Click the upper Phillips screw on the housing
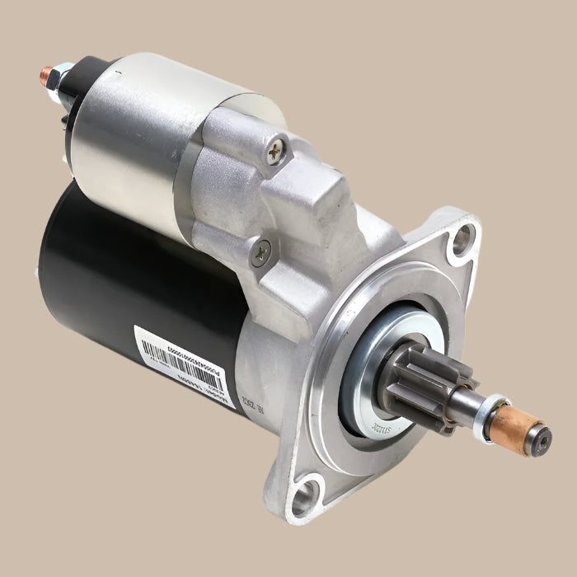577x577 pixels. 275,150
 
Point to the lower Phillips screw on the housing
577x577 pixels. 261,252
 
